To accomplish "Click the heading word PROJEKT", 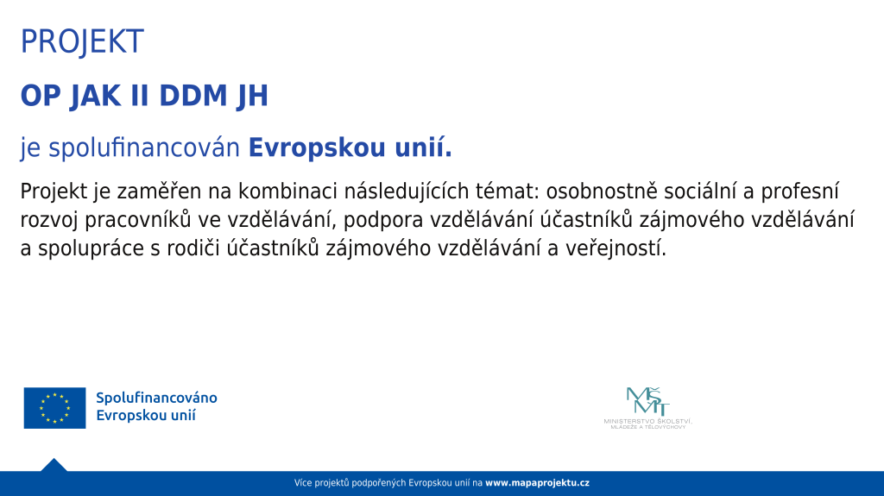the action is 82,41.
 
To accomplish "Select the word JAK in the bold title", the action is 95,96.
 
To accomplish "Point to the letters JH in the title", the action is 253,96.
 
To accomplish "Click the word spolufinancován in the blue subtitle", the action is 144,148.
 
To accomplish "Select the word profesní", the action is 800,191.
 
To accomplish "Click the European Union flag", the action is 54,408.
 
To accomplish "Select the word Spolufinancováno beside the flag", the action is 157,398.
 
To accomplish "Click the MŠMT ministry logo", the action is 647,408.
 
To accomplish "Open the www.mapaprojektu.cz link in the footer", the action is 537,483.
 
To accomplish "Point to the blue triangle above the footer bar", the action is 54,466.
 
